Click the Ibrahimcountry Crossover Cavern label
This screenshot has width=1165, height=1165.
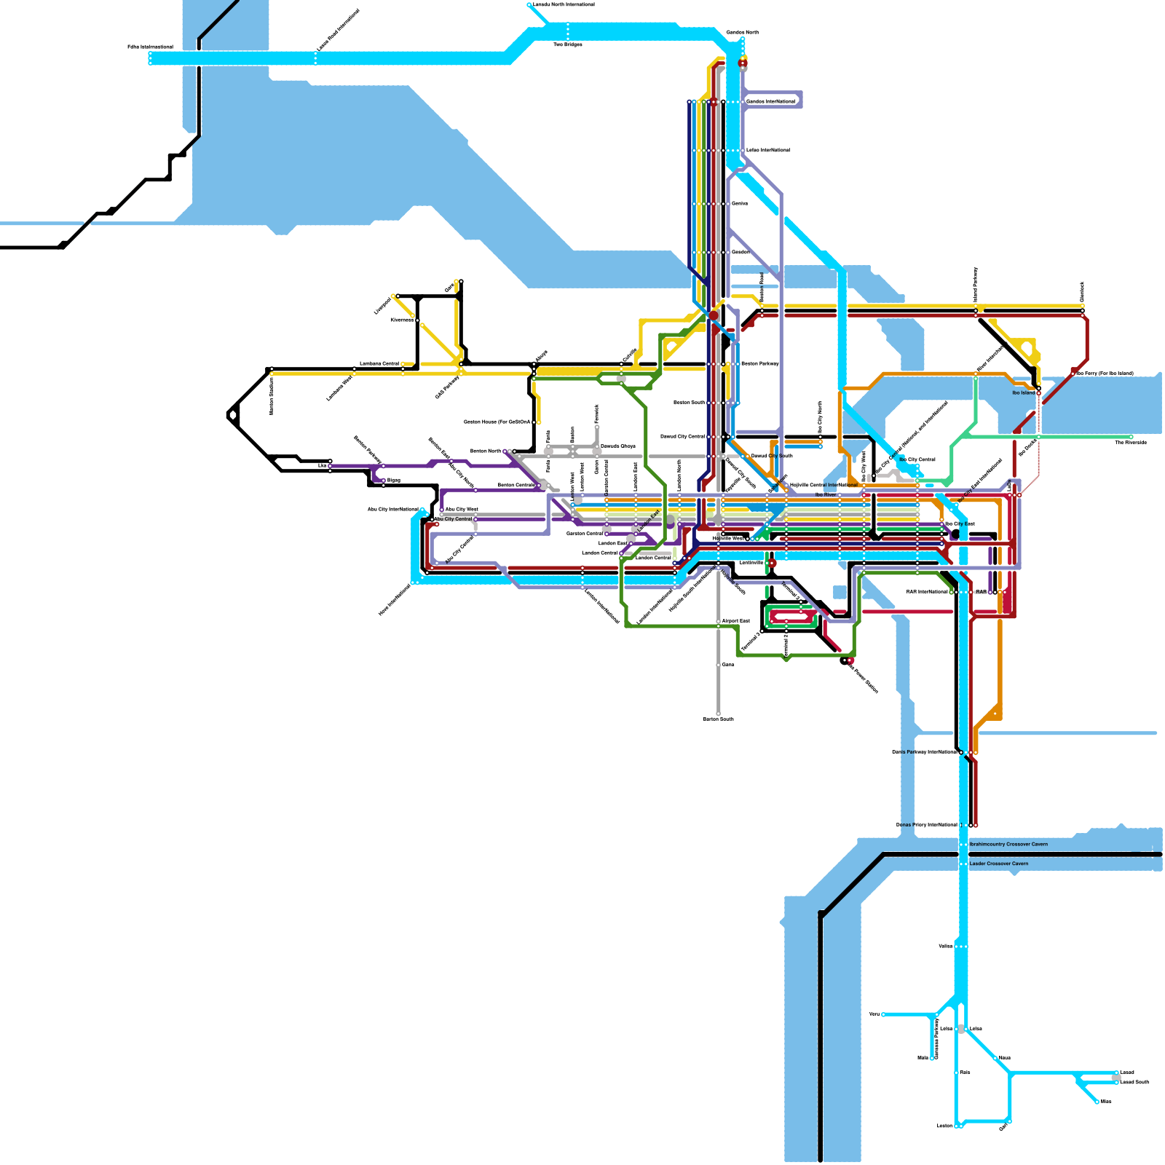pos(1008,845)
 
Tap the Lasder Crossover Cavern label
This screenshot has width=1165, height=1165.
pos(998,864)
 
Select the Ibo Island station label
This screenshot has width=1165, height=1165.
pos(1023,393)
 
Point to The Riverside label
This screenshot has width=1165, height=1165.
pos(1131,443)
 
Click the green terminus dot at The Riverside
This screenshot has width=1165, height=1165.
pos(1131,437)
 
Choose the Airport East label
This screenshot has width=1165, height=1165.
pos(735,621)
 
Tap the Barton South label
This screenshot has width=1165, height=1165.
pos(718,719)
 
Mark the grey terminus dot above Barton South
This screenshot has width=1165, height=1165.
pos(718,714)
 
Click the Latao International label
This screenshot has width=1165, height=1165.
pos(767,151)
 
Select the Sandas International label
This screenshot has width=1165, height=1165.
pos(770,101)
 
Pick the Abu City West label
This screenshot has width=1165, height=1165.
pos(462,509)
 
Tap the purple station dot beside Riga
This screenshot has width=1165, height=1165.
pos(383,481)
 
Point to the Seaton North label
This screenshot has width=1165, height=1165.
pos(485,451)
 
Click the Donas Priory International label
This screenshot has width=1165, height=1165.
pos(926,825)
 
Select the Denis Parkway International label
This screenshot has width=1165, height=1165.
pos(924,752)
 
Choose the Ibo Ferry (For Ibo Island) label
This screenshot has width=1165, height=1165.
pos(1105,374)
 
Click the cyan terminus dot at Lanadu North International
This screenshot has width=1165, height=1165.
pos(529,5)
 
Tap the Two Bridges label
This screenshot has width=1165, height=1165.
pos(567,45)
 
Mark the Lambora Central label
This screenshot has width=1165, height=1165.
pos(379,363)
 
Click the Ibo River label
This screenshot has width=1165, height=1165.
pos(826,494)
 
